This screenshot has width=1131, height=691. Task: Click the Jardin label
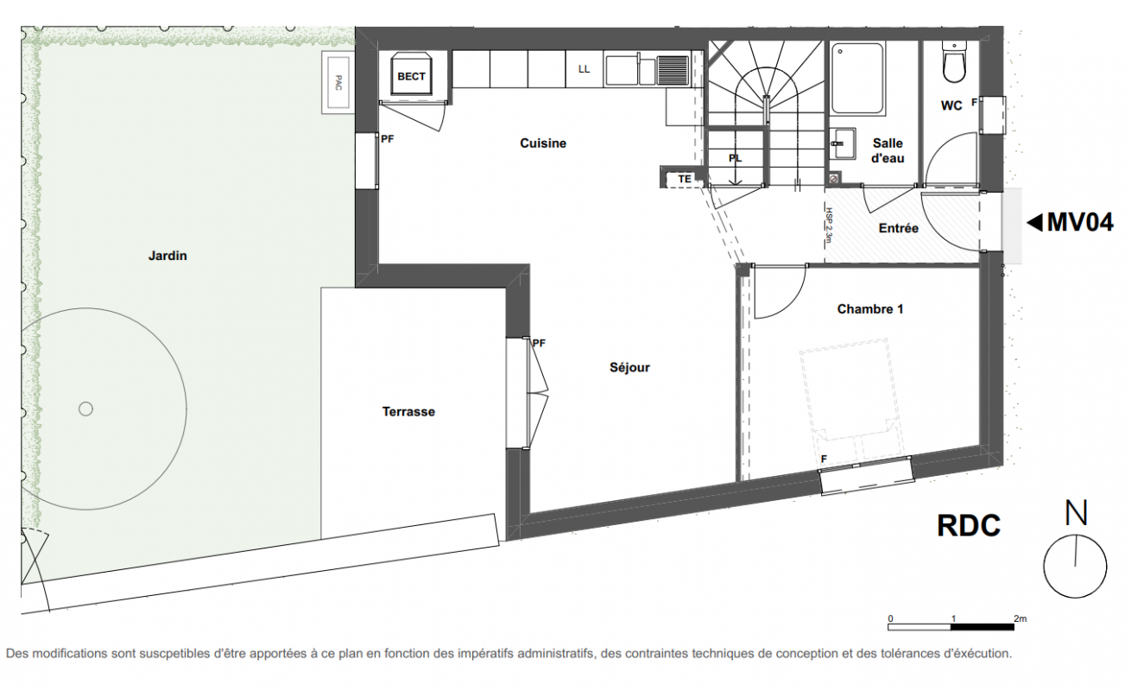[x=167, y=256]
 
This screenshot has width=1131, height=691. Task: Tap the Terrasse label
[x=408, y=412]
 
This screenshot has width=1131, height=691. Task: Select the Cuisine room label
[x=543, y=143]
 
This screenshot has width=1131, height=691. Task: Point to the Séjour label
[x=629, y=368]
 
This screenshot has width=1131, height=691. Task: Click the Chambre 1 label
[x=870, y=309]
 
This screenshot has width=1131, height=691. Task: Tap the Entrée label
[x=899, y=228]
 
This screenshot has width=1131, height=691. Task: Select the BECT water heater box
[x=411, y=73]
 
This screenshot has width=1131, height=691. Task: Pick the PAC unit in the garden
[x=338, y=82]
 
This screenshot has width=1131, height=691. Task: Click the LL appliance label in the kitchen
[x=584, y=69]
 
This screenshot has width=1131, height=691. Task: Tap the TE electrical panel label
[x=685, y=179]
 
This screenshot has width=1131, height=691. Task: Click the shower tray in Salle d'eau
[x=857, y=79]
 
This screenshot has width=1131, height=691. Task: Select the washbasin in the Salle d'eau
[x=843, y=143]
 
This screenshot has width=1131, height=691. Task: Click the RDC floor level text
[x=969, y=526]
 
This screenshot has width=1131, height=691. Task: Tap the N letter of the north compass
[x=1076, y=513]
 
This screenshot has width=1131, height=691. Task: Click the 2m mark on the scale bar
[x=1020, y=618]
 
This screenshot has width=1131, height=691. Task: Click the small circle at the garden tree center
[x=85, y=409]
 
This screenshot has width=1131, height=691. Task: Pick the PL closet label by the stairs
[x=736, y=158]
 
